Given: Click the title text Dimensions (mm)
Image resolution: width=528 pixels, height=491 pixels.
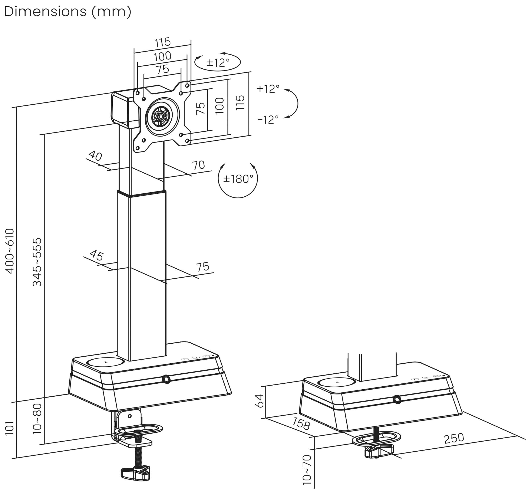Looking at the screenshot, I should pos(68,12).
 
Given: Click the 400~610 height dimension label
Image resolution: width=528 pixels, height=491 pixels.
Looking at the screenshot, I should pos(10,251).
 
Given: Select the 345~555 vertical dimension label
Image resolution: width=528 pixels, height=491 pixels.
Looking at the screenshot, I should pos(37,262).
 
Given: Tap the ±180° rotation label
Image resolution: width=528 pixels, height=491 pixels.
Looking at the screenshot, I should pos(238,179).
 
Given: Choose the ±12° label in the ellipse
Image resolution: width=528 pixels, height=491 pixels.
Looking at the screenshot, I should pos(218,63).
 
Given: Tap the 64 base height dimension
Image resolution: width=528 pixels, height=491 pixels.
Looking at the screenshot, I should pos(259,401).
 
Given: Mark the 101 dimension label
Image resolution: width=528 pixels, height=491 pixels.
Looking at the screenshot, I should pos(10,428).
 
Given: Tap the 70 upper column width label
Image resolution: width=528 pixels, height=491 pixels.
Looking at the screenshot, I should pos(198,165).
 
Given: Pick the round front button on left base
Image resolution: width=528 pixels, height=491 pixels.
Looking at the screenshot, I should pos(166,379).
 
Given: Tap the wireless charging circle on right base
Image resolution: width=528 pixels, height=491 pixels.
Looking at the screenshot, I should pos(337,383).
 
